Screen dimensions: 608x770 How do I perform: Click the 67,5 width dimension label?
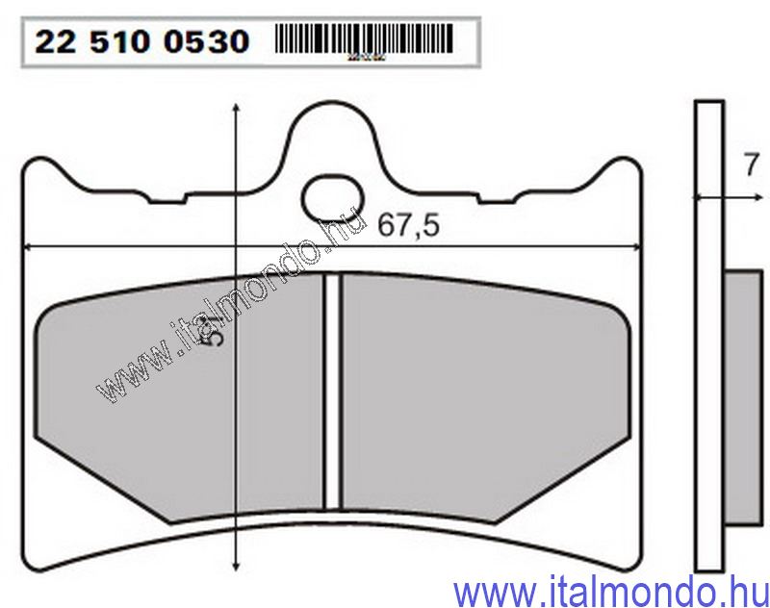(x=408, y=227)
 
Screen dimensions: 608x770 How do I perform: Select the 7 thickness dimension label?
(x=752, y=165)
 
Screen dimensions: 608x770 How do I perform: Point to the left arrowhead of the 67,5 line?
(x=29, y=247)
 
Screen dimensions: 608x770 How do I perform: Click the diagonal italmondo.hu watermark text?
(x=231, y=308)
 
